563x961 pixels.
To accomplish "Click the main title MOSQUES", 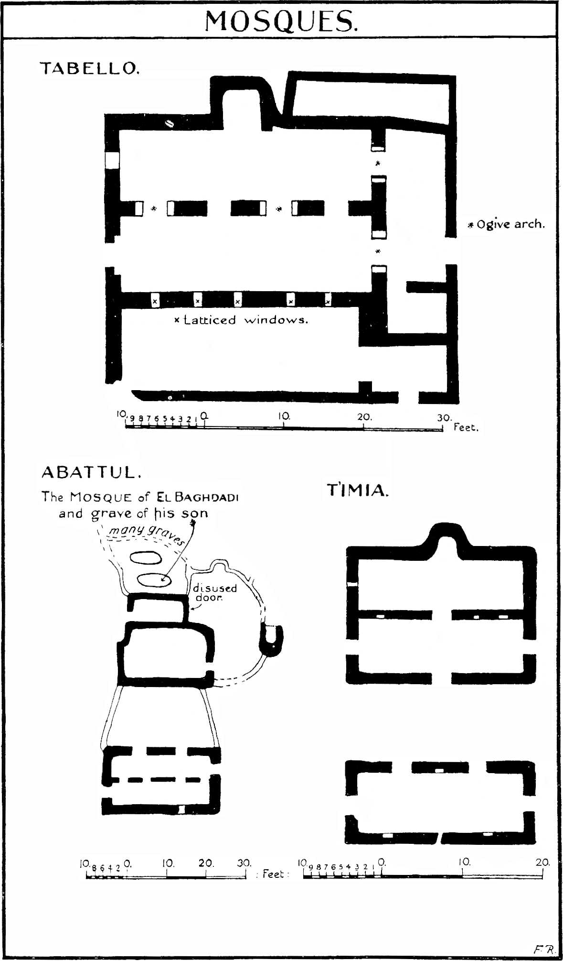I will [x=281, y=21].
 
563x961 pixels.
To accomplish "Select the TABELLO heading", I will [x=90, y=68].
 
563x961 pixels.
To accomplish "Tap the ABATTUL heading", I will [x=92, y=472].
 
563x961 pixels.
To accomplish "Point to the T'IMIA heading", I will [x=358, y=491].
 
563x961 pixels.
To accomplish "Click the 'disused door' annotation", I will [x=215, y=593].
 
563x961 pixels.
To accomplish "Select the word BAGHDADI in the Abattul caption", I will [x=207, y=497].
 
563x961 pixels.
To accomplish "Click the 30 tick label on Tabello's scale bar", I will [x=444, y=417].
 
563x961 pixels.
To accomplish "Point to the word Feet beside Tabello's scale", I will [x=466, y=427].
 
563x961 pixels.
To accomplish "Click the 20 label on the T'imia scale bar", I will [x=542, y=862].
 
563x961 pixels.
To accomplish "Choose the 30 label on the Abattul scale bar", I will [x=244, y=863].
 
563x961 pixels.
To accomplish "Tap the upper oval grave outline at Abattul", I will [x=146, y=557].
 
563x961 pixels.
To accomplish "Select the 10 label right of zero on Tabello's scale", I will [x=284, y=416].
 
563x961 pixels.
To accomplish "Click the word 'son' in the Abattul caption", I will [x=194, y=513].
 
